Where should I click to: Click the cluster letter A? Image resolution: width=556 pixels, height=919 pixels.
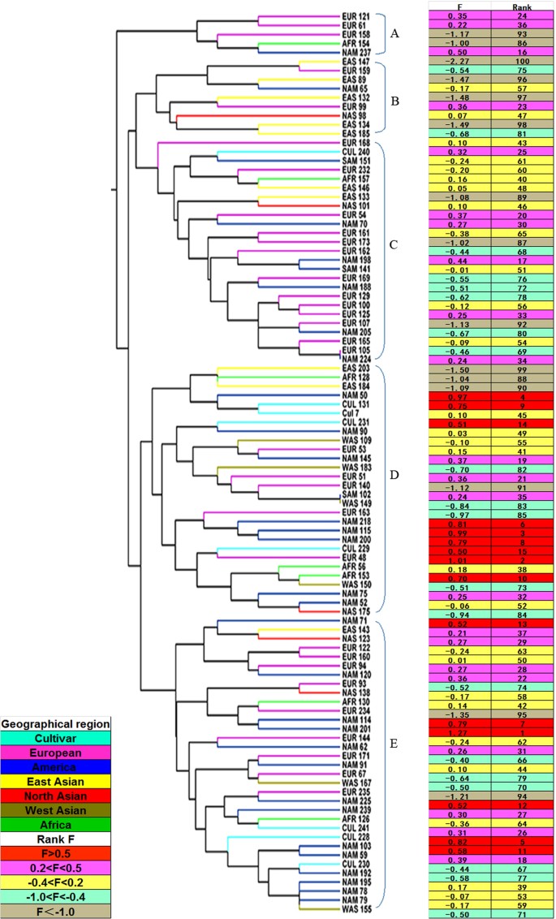point(395,34)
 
